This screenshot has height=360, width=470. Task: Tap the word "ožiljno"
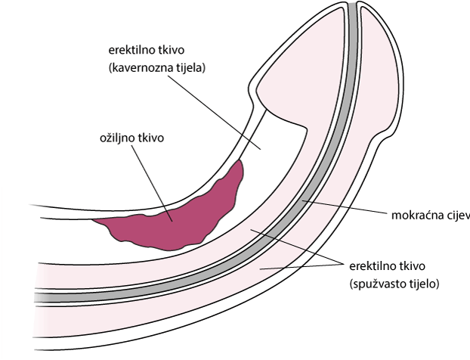(x=117, y=138)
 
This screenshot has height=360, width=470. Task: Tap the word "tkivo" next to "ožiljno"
(x=151, y=138)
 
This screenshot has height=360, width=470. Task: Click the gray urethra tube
(x=302, y=204)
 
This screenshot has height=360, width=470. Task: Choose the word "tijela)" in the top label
(x=190, y=67)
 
